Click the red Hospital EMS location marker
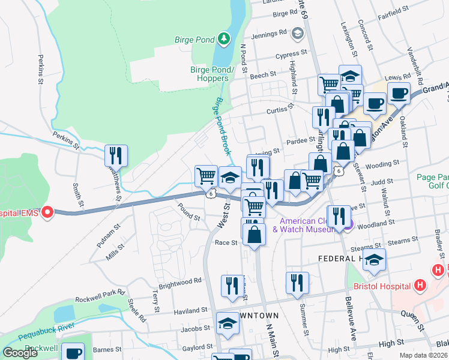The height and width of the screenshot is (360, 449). (x=46, y=212)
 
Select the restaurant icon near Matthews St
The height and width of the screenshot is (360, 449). (x=115, y=155)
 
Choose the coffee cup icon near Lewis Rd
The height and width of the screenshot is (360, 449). (x=399, y=93)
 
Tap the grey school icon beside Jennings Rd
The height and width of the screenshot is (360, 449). (x=297, y=34)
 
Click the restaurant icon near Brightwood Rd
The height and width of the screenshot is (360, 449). (x=232, y=286)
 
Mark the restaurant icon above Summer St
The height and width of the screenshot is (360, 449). (x=297, y=283)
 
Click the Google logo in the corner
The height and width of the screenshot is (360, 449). (x=20, y=353)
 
